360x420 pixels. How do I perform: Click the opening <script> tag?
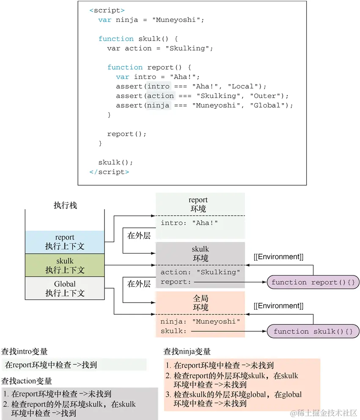pos(107,10)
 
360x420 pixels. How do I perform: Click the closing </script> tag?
pos(109,172)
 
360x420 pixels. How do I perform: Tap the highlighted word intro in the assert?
pos(158,86)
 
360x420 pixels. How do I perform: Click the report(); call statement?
pos(126,134)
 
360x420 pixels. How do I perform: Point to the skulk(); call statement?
pos(115,162)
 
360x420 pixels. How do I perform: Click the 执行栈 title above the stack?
pos(65,205)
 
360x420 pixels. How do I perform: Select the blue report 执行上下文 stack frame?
pos(65,242)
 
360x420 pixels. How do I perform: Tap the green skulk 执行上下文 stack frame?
pos(65,265)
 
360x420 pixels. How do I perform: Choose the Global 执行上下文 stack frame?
pos(65,289)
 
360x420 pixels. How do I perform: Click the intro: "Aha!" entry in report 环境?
pos(191,223)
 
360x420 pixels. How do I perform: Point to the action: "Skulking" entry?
pos(200,272)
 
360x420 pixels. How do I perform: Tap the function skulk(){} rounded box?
pos(313,331)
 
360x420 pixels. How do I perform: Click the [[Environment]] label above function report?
pos(278,256)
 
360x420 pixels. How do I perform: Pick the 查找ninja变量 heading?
pos(187,352)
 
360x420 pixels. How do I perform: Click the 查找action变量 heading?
pos(27,381)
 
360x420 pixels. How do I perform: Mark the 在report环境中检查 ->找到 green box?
pos(74,365)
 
